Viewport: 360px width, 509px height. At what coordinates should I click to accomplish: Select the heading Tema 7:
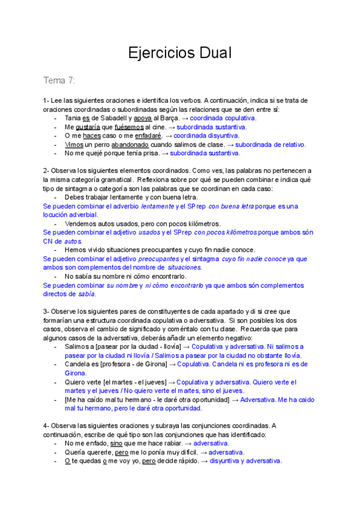coord(59,81)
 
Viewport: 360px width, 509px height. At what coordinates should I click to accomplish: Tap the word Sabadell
coord(115,118)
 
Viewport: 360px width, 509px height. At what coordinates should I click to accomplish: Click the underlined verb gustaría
coord(88,127)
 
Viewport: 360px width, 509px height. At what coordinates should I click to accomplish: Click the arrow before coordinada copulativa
coord(185,118)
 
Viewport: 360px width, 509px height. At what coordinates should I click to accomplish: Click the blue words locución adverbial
coord(70,214)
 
